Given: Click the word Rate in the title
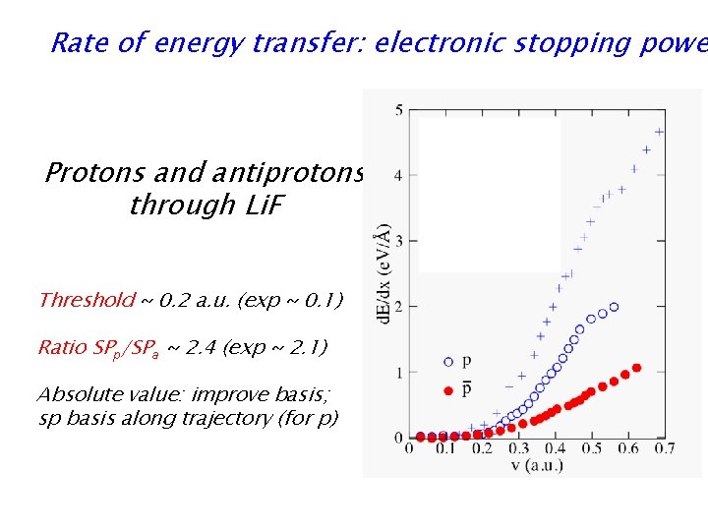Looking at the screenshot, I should (x=73, y=43).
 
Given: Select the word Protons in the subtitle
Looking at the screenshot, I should (x=90, y=173).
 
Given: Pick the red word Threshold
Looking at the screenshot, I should (x=86, y=300).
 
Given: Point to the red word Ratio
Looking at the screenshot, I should (x=62, y=347).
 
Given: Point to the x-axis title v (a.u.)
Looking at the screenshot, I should (x=534, y=465).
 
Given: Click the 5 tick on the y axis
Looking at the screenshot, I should (x=399, y=110).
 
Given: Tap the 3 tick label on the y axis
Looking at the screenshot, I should (x=399, y=241).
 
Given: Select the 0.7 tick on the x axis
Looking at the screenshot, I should (x=664, y=449).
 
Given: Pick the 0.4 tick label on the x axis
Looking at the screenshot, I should (x=556, y=449).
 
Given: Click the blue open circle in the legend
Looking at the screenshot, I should (x=449, y=361).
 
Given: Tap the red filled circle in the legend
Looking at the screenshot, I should (x=449, y=389).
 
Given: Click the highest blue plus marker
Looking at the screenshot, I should (x=659, y=132).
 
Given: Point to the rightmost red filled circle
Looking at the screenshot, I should (x=637, y=368).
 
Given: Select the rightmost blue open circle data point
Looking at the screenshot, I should (x=615, y=307).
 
